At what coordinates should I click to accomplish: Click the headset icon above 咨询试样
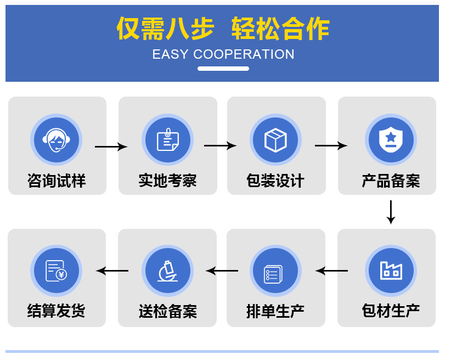click(x=57, y=140)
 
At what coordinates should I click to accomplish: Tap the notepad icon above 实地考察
click(x=167, y=140)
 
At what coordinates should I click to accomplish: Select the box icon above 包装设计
click(x=275, y=140)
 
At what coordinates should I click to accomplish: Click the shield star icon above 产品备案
click(x=391, y=140)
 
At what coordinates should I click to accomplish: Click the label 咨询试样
click(x=57, y=181)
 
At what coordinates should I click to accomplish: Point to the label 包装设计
click(x=275, y=181)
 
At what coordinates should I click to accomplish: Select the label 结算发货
click(x=57, y=311)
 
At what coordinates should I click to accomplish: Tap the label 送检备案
click(x=167, y=312)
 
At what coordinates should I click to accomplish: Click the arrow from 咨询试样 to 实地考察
click(x=111, y=147)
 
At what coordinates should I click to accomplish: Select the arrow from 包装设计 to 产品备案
click(x=331, y=146)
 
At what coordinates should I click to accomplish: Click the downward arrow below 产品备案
click(x=391, y=212)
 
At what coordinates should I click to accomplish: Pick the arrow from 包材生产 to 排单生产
click(x=331, y=271)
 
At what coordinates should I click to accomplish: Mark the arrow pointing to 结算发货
click(x=112, y=271)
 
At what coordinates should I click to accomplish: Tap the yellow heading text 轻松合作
click(x=280, y=29)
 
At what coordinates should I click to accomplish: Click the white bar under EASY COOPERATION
click(x=223, y=69)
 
